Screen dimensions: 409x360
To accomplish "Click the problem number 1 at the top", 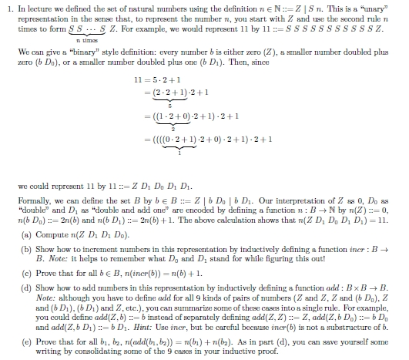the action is (5, 8).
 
